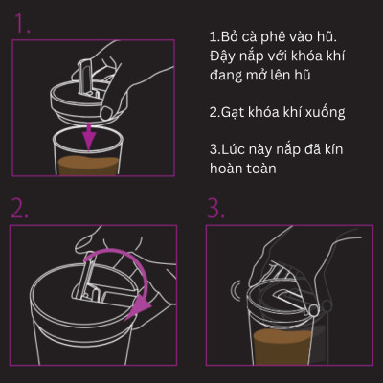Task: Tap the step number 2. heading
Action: [x=22, y=208]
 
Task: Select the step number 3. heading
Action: [x=215, y=208]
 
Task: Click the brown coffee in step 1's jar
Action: [x=92, y=164]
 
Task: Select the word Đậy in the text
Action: [x=224, y=55]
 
